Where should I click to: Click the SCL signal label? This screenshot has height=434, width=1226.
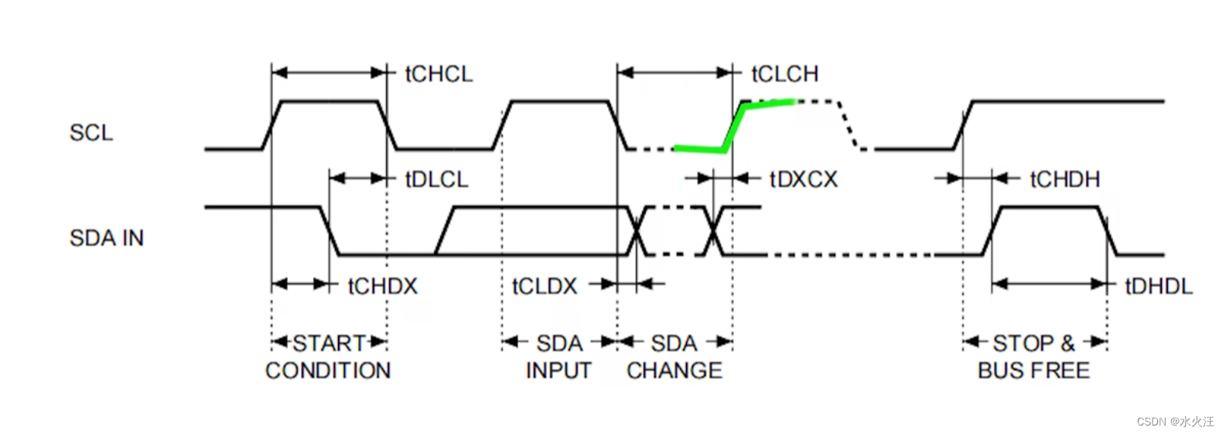(x=91, y=133)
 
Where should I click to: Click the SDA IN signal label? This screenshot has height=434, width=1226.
(x=107, y=238)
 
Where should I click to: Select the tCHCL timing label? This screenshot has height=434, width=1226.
(x=439, y=74)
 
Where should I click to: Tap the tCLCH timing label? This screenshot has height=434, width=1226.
(x=784, y=74)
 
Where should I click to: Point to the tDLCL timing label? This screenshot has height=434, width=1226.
(x=436, y=179)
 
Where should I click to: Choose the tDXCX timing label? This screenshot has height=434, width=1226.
(x=803, y=179)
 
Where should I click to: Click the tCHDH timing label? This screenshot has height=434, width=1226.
(x=1064, y=179)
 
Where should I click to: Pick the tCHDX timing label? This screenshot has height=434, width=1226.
(x=382, y=286)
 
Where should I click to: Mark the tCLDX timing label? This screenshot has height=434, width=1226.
(x=545, y=286)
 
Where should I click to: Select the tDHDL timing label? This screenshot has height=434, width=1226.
(x=1158, y=286)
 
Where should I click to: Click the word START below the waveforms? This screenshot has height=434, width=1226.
(x=329, y=343)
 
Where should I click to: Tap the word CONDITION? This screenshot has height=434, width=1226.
(x=328, y=371)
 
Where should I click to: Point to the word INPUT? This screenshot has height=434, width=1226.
(x=558, y=371)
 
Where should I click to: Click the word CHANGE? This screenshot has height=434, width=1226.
(x=674, y=371)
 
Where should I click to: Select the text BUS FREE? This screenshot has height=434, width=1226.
(x=1033, y=371)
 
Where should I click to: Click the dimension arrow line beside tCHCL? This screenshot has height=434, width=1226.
(x=329, y=73)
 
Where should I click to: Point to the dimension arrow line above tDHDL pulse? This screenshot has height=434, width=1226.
(x=1050, y=284)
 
